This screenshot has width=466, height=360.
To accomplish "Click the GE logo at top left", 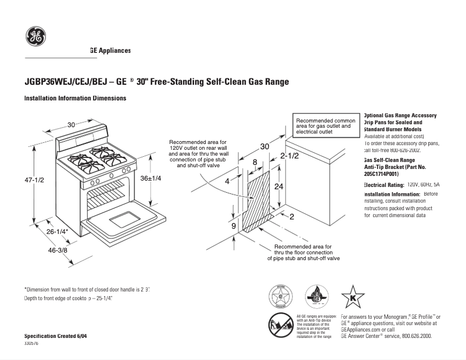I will [x=35, y=37].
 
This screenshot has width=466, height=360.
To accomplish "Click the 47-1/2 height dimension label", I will [x=34, y=180].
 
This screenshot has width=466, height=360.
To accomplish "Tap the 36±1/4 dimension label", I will [x=151, y=178].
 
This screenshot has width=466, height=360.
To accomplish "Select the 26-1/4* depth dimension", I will [x=58, y=232].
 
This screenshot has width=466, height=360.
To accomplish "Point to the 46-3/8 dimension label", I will [x=57, y=250].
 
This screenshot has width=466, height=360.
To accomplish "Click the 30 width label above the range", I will [x=71, y=125].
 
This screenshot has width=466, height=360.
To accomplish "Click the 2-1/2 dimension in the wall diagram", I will [x=289, y=156].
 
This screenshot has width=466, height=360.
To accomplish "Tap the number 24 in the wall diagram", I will [x=279, y=186].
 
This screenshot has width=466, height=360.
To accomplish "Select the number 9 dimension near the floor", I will [x=234, y=226].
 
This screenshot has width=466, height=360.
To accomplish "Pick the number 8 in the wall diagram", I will [x=254, y=162].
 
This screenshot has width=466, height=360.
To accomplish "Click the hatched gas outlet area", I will [x=258, y=201].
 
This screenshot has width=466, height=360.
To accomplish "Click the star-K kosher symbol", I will [x=352, y=297].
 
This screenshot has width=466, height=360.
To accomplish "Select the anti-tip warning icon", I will [x=280, y=325].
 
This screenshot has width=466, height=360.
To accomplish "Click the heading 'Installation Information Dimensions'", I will [x=75, y=99].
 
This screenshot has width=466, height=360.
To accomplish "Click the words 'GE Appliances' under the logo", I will [x=110, y=51].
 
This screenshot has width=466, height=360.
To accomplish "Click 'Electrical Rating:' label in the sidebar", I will [x=383, y=185].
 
